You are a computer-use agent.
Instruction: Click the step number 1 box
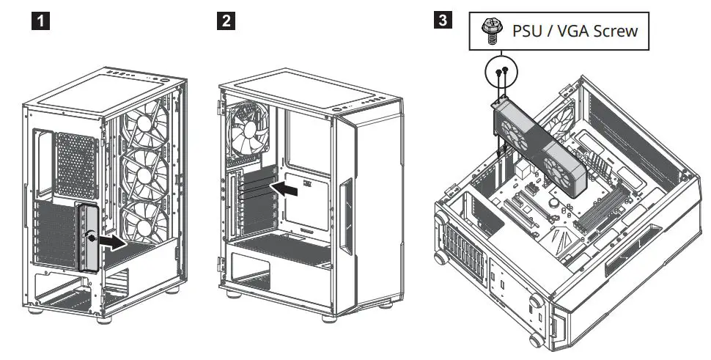[44, 21]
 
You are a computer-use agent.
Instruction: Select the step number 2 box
[228, 21]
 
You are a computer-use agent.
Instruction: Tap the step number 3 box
[442, 20]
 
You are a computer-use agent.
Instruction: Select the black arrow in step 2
[285, 190]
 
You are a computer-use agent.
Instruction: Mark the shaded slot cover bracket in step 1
[88, 238]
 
